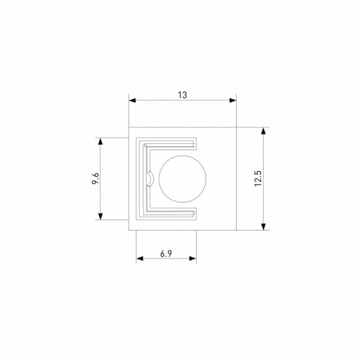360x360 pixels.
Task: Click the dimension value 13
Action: [182, 95]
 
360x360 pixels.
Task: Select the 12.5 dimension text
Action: [258, 179]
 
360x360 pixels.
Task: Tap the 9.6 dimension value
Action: [95, 179]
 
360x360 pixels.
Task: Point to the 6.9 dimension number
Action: [166, 254]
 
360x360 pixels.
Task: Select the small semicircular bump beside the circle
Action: [150, 179]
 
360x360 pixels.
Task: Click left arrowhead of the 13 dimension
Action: [132, 100]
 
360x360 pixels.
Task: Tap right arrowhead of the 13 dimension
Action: [233, 100]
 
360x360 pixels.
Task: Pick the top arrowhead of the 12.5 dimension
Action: [264, 131]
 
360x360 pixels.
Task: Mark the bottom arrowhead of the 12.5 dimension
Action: [264, 226]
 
